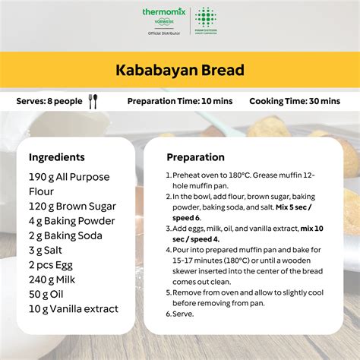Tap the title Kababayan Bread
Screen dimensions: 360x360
[180, 71]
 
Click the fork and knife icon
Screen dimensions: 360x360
[93, 101]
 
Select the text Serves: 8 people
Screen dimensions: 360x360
[50, 101]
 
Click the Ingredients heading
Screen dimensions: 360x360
[57, 157]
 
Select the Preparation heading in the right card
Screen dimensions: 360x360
[195, 157]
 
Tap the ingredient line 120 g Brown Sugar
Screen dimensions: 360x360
[72, 206]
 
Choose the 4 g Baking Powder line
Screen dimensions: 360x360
[72, 221]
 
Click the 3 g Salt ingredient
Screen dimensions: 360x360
[46, 250]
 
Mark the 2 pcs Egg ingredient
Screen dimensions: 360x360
[53, 265]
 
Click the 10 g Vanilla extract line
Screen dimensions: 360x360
[74, 308]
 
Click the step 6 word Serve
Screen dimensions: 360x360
[185, 313]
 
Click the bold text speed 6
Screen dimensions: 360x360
[185, 217]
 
